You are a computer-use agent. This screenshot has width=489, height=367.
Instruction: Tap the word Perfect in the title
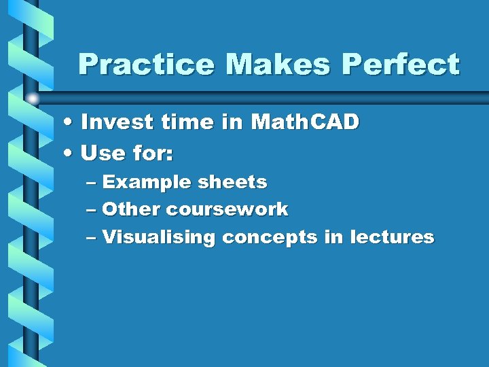point(401,65)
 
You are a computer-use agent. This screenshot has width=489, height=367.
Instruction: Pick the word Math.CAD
point(305,123)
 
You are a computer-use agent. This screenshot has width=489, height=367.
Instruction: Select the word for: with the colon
point(153,154)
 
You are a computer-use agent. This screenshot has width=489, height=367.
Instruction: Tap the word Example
point(147,183)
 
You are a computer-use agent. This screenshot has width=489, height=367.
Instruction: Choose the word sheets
point(232,183)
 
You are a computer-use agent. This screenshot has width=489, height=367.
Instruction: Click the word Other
point(131,209)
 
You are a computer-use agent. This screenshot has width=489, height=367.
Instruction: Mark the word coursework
point(228,209)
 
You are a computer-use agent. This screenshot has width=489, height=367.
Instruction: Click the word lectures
point(392,237)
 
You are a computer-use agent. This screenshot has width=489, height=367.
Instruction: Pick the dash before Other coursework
point(93,210)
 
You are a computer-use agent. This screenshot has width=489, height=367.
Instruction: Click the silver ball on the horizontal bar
point(33,99)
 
